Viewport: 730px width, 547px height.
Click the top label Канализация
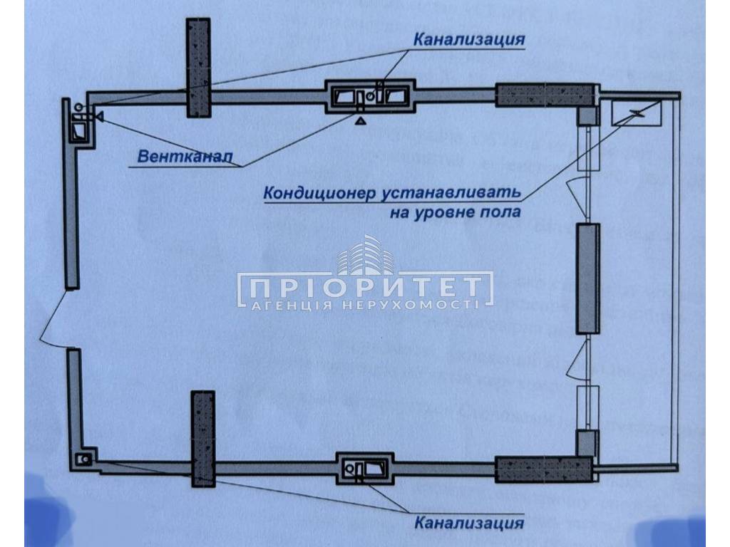tap(469, 39)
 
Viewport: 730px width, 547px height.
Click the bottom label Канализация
tap(469, 523)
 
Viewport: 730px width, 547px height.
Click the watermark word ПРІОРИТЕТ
tap(365, 288)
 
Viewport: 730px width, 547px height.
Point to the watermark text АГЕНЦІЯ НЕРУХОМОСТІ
tap(365, 305)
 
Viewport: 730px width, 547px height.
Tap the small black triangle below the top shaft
tap(361, 120)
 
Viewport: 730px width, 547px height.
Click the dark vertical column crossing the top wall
tap(198, 67)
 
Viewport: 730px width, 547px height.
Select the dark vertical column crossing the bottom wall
tap(202, 439)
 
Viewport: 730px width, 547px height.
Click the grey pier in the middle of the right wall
tap(588, 278)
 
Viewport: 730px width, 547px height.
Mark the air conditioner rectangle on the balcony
tap(637, 112)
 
